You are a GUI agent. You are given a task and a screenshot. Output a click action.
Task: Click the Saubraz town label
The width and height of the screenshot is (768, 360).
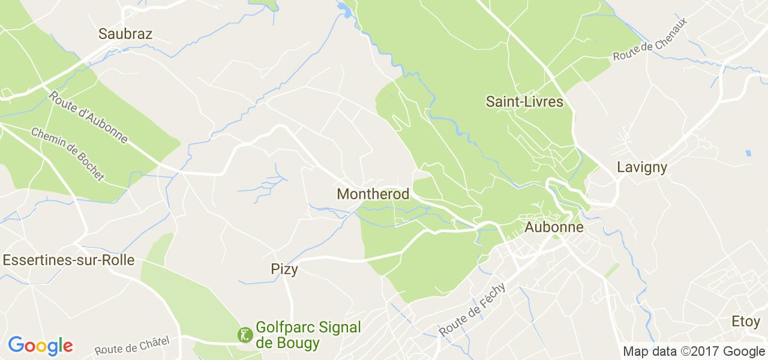(x=125, y=34)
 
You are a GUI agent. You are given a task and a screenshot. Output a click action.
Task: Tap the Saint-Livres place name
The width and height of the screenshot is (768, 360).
(x=524, y=101)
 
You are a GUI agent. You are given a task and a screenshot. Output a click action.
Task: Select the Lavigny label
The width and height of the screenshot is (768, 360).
(x=642, y=167)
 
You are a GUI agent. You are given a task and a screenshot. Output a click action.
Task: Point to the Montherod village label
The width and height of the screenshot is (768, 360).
(x=373, y=194)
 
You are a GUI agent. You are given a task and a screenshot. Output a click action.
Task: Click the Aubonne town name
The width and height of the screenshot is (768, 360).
(x=554, y=227)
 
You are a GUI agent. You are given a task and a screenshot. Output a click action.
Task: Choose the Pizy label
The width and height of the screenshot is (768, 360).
(x=284, y=269)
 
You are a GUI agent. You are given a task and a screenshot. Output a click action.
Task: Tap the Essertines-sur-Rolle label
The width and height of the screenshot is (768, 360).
(x=68, y=260)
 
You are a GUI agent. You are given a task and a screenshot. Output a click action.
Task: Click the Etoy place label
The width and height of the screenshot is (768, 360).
(x=745, y=321)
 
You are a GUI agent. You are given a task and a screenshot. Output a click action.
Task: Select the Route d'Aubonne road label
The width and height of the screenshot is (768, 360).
(x=88, y=117)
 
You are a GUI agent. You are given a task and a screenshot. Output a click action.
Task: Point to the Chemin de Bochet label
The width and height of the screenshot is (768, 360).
(x=67, y=154)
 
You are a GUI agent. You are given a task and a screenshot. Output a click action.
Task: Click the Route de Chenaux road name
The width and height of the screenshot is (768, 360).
(x=650, y=39)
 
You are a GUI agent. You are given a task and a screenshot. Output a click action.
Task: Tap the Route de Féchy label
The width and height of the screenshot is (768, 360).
(x=473, y=310)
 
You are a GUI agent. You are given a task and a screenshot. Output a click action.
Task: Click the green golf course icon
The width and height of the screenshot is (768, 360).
(x=245, y=335)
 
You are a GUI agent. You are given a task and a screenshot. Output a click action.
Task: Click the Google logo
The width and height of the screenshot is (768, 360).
(x=40, y=346)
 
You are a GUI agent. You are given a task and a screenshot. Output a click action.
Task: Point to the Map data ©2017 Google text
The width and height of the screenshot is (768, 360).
(x=694, y=351)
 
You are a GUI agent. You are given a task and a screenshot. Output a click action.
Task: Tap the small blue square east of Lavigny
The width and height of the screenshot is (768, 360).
(x=748, y=154)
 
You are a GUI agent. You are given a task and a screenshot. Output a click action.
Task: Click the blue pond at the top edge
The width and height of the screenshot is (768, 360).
(x=345, y=9)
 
